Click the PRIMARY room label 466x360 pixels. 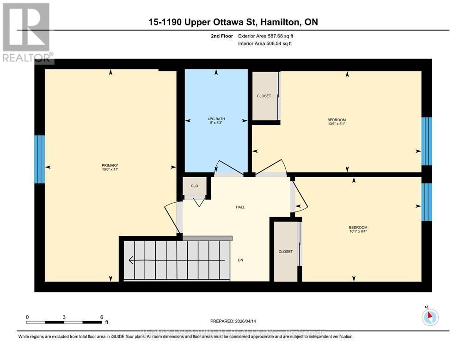coord(110,166)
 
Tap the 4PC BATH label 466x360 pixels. coord(216,119)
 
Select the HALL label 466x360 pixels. coord(240,207)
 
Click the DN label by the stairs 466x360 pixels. coord(240,260)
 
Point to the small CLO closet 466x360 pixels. coord(194,186)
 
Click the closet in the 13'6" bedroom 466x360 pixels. coord(264,96)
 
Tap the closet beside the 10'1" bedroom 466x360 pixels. coord(285,252)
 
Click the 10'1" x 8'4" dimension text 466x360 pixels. coord(358,231)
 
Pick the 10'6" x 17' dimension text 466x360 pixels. coord(110,170)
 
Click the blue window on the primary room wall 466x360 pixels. coord(40,160)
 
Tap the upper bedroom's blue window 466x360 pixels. coord(427,141)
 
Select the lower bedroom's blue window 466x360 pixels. coord(427,202)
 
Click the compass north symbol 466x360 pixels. coord(430,317)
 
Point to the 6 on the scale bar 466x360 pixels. coord(101,317)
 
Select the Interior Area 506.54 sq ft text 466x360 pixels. coord(264,43)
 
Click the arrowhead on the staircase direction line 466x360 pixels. coord(131,260)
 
